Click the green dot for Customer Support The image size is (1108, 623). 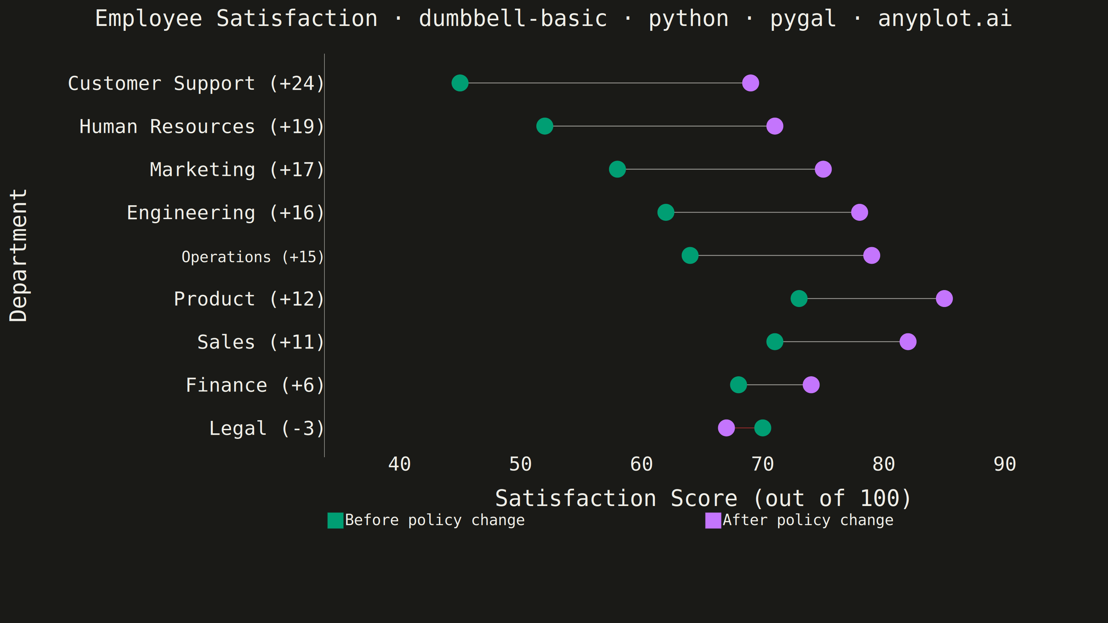[x=460, y=83]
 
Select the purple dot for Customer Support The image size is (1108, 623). [x=751, y=83]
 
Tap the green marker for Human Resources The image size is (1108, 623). [x=545, y=126]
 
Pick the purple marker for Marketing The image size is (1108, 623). [x=823, y=169]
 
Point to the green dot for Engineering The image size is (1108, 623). [x=666, y=213]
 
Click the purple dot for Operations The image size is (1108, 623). [x=872, y=255]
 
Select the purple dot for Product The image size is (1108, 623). [x=944, y=298]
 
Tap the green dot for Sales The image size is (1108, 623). [x=775, y=342]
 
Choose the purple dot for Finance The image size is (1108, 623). [x=811, y=385]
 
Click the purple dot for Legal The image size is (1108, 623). [x=726, y=428]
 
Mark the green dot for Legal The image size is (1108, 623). [x=762, y=428]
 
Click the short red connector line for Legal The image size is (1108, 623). [x=744, y=428]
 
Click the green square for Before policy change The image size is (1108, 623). [x=336, y=520]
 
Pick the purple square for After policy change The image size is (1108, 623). [x=713, y=520]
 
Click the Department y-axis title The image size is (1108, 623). [x=18, y=255]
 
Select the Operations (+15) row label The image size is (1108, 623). [x=252, y=257]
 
